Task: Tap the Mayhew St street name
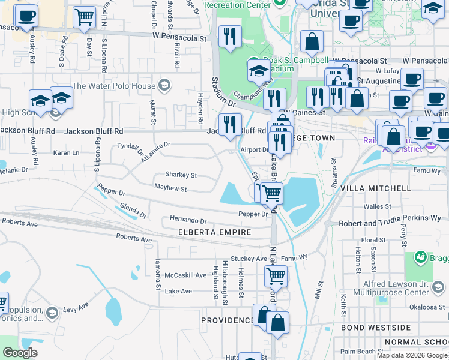coord(170,189)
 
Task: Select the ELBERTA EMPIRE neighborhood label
coord(209,232)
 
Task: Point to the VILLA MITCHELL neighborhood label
coord(375,188)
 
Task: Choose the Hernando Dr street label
coord(188,220)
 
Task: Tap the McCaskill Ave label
coord(185,275)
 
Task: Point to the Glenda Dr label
coord(133,211)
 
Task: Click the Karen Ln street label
coord(66,153)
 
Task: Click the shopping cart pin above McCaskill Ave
coord(276,276)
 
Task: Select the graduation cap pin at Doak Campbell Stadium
coord(259,70)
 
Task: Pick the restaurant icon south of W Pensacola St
coord(230,37)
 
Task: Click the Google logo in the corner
coord(20,353)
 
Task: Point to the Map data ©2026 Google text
coord(411,355)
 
